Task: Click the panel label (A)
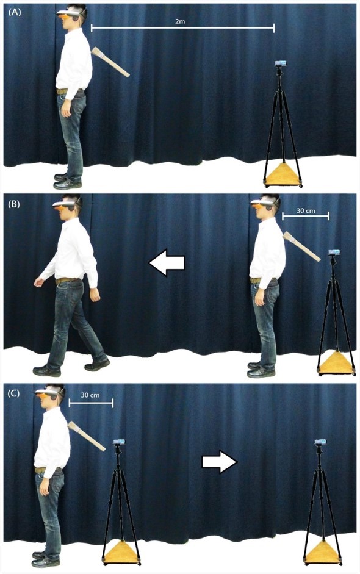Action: click(15, 12)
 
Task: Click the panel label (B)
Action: click(15, 204)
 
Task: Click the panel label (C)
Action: click(15, 394)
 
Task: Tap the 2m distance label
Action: click(180, 21)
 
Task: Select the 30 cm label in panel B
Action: click(306, 211)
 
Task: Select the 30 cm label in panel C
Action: click(90, 395)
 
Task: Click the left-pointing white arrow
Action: click(167, 262)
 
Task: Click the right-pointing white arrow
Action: click(220, 462)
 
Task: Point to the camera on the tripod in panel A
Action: click(280, 63)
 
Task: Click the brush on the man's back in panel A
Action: click(110, 62)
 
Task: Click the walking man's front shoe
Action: click(46, 370)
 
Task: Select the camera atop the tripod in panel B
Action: click(334, 252)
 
